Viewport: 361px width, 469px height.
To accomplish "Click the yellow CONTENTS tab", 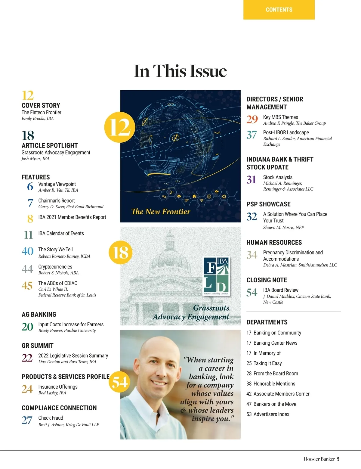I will [279, 10].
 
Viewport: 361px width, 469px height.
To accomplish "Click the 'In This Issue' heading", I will [180, 71].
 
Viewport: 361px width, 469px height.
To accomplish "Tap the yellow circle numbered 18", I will [120, 252].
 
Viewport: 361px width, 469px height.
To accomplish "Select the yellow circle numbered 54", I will [120, 382].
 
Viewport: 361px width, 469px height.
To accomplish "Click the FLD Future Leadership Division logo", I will [216, 276].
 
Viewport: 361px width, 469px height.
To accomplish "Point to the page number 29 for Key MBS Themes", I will [252, 120].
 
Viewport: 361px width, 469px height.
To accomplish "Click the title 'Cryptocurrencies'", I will [55, 267].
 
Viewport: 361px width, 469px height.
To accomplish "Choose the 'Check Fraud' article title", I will [51, 418].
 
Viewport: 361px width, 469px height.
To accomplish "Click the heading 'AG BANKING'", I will [39, 315].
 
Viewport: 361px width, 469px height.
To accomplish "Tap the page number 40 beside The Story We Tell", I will [27, 251].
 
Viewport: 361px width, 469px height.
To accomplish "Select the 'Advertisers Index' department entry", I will [271, 414].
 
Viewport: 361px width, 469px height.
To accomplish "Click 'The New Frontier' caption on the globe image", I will [161, 212].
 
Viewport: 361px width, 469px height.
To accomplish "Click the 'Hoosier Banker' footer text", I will [319, 459].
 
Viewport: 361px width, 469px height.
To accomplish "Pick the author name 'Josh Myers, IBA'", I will [35, 159].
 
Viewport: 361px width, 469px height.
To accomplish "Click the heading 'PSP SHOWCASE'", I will [268, 204].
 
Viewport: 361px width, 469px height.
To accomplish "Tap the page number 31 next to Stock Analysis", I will [251, 180].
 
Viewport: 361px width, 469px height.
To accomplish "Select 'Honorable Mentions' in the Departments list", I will [274, 384].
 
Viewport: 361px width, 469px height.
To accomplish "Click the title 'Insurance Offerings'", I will [58, 387].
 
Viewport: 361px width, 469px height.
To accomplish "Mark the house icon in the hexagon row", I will [194, 197].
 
